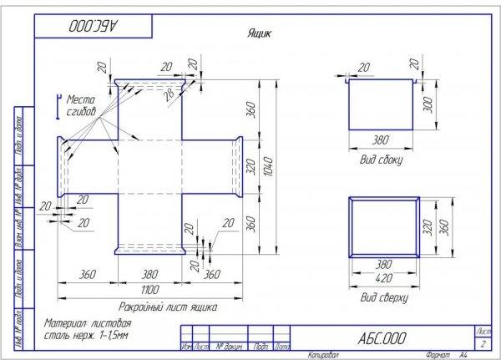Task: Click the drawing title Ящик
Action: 257,34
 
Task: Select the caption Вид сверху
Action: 384,297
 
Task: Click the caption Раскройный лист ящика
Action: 167,307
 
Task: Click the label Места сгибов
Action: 81,104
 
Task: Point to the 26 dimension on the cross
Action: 171,94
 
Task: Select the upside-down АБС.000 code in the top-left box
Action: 94,25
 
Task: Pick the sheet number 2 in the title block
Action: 483,342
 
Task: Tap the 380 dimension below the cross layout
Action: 150,273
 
